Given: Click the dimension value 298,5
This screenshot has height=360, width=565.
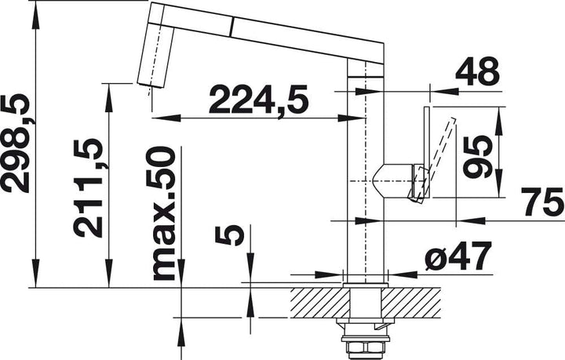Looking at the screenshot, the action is pyautogui.click(x=15, y=144).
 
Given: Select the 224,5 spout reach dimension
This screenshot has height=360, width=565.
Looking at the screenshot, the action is pyautogui.click(x=259, y=99).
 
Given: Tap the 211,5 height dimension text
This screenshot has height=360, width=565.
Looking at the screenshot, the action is pyautogui.click(x=88, y=187).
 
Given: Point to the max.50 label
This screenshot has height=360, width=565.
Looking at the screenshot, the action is pyautogui.click(x=164, y=213).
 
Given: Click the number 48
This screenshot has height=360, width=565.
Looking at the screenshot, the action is pyautogui.click(x=477, y=71).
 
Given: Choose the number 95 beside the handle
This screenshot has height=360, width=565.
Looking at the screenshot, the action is pyautogui.click(x=478, y=158).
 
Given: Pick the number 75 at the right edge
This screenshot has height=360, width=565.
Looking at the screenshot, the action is pyautogui.click(x=544, y=202).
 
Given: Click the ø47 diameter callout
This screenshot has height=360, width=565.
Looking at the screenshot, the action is pyautogui.click(x=458, y=256).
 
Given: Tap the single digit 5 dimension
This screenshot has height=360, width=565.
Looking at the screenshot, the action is pyautogui.click(x=229, y=235).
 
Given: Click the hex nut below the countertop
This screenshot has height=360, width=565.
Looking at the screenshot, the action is pyautogui.click(x=365, y=347).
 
